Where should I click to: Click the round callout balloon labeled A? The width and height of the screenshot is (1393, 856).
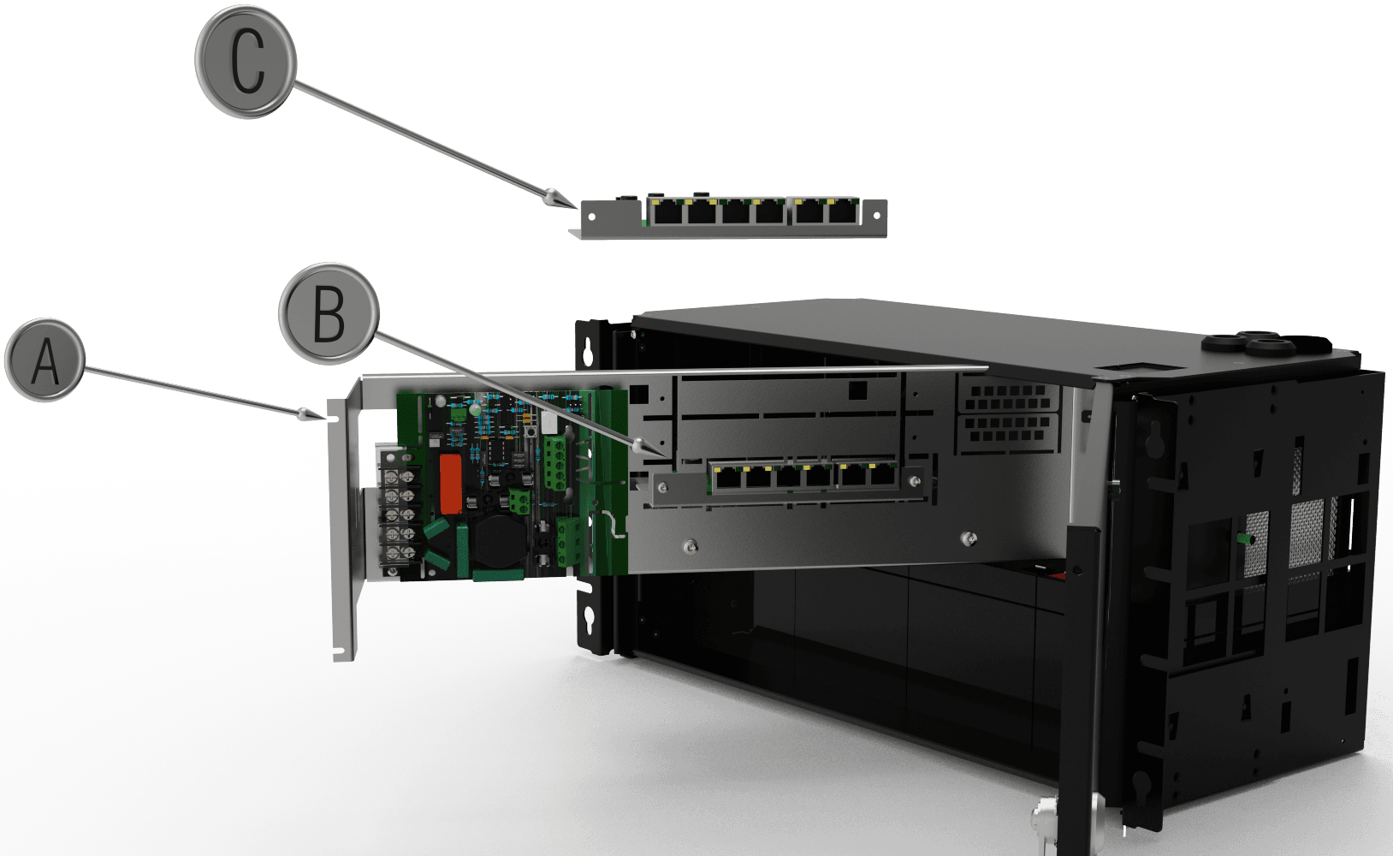[x=44, y=360]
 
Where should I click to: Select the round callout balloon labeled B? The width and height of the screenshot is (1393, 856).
[x=329, y=313]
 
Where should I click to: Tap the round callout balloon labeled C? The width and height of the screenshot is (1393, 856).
[x=246, y=61]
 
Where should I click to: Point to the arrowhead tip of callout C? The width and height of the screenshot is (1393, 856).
[x=578, y=208]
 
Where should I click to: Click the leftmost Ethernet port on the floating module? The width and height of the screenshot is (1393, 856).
[x=667, y=211]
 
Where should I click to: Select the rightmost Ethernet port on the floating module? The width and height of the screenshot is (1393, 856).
[x=842, y=211]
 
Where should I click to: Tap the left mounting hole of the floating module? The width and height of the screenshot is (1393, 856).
[x=591, y=217]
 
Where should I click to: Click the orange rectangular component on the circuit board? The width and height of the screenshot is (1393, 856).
[x=450, y=484]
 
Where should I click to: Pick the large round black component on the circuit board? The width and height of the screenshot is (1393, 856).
[x=500, y=540]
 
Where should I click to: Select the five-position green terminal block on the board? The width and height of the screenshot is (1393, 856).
[x=555, y=463]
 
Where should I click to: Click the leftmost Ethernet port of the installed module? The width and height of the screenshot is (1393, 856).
[x=725, y=478]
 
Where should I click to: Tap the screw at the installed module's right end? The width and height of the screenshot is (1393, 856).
[x=914, y=481]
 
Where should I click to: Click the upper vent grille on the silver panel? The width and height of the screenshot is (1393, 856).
[x=1007, y=397]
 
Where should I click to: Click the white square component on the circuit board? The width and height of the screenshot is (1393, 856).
[x=550, y=423]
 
